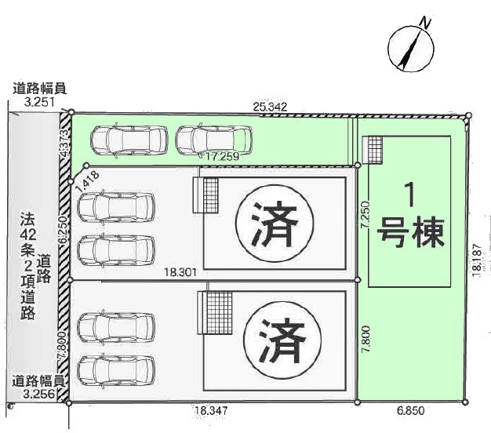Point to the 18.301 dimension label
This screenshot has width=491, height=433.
click(x=180, y=271)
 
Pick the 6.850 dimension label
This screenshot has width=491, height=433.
click(x=410, y=409)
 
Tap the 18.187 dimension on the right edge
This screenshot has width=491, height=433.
click(x=476, y=257)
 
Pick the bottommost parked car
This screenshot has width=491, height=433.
click(x=117, y=369)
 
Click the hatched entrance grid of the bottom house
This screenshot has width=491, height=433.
click(x=218, y=311)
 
